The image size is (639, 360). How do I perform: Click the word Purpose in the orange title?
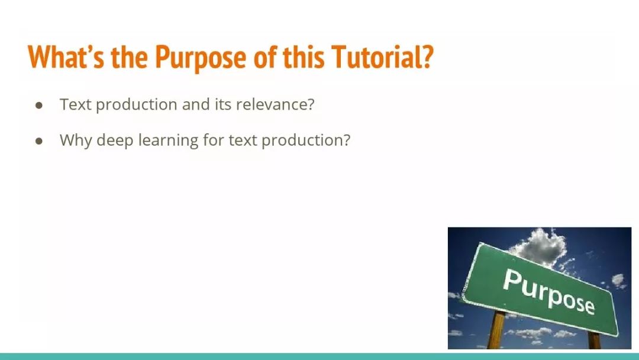tap(201, 57)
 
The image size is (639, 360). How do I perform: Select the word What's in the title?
tap(66, 56)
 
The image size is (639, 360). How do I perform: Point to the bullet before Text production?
tap(39, 105)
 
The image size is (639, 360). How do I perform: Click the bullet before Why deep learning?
tap(39, 141)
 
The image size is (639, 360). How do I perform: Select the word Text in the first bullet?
tap(75, 104)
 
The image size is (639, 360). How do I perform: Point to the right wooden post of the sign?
tap(594, 340)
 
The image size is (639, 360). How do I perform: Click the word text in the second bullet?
tap(243, 141)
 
